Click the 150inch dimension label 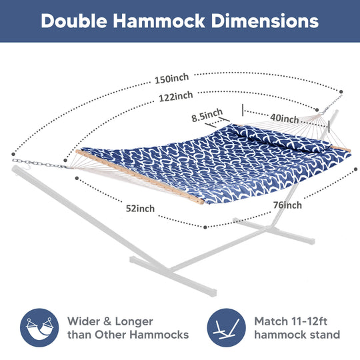172,79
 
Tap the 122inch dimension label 176,97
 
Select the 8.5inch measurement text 207,115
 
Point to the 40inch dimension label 285,119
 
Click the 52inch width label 140,209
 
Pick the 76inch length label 287,205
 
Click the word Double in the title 74,21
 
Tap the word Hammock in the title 159,21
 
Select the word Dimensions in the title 265,21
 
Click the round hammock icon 39,327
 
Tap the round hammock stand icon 227,327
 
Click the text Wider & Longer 110,321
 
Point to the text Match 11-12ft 291,321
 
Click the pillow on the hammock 280,137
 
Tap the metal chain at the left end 39,164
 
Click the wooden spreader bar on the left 139,177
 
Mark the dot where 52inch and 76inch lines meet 205,227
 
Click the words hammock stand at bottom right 297,335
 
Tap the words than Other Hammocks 128,335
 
